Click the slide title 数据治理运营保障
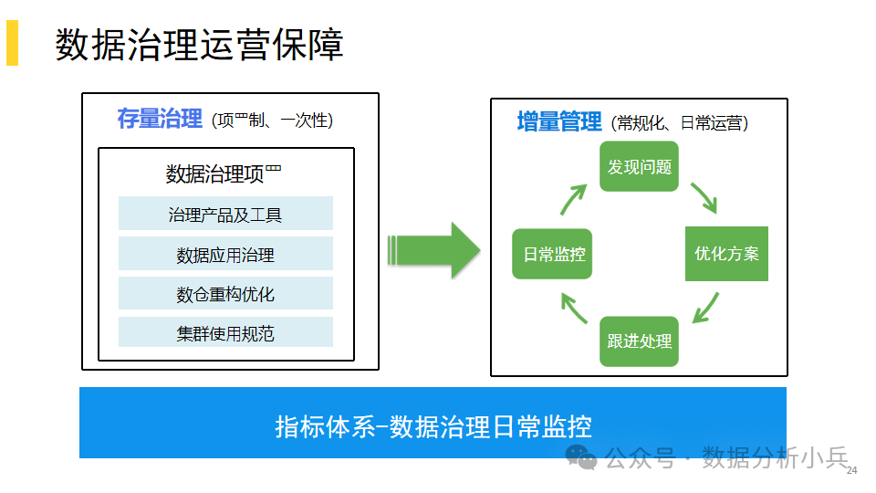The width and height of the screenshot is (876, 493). pos(199,44)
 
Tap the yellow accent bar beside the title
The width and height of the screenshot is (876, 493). pos(12,43)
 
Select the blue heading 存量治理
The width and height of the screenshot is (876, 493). pos(160,119)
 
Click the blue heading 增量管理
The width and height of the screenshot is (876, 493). pos(559,121)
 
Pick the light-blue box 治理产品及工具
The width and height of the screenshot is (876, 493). pos(225,213)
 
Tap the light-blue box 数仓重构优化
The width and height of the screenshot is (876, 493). pos(225,293)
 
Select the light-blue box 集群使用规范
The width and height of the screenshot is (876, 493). pos(225,332)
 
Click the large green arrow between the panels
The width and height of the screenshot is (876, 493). pos(434,250)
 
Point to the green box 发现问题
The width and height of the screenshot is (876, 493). pos(639,166)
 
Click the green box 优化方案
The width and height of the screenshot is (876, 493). pos(727,254)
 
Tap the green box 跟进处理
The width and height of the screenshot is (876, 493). pos(639,341)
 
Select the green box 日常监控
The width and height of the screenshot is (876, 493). pos(552,254)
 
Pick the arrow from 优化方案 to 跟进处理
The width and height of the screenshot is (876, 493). pos(706,308)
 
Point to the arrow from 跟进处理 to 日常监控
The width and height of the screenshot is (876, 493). pos(574,309)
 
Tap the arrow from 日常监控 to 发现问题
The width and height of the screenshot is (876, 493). pos(573,200)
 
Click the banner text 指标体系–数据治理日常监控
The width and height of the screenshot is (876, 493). pos(433,426)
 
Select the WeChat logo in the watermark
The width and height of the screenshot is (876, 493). pos(581,457)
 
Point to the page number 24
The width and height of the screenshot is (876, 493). pos(851,471)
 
